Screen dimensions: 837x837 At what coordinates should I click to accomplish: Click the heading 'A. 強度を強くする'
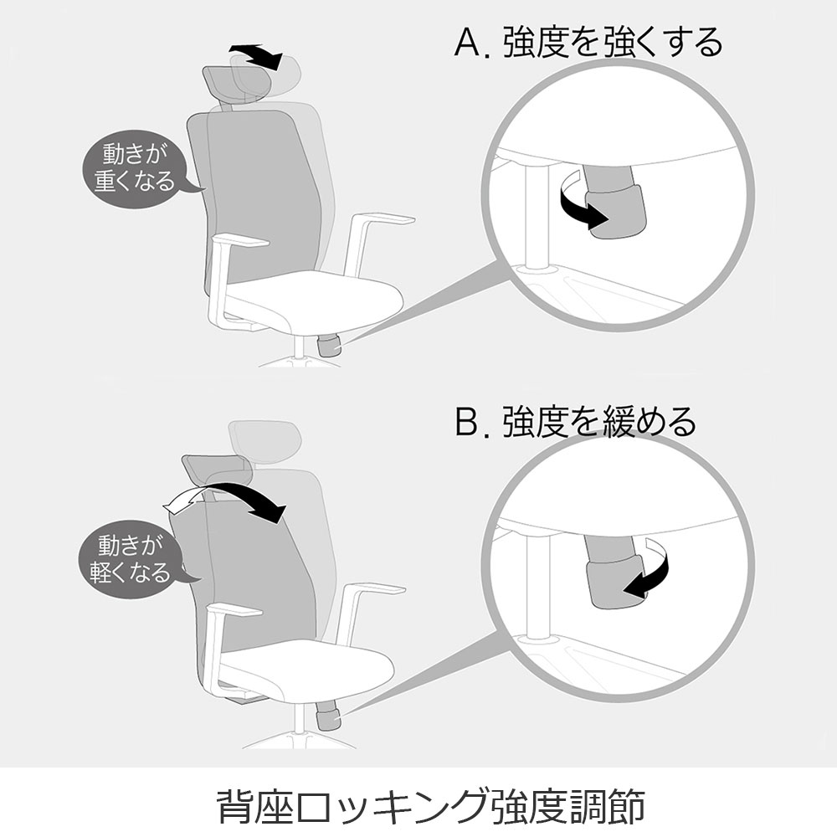[588, 42]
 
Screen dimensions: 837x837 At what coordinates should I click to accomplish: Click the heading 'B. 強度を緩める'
[576, 422]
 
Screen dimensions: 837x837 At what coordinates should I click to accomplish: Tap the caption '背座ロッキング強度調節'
[431, 805]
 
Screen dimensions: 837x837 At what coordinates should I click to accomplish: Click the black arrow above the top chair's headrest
[256, 55]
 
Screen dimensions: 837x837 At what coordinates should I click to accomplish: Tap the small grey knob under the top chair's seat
[329, 347]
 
